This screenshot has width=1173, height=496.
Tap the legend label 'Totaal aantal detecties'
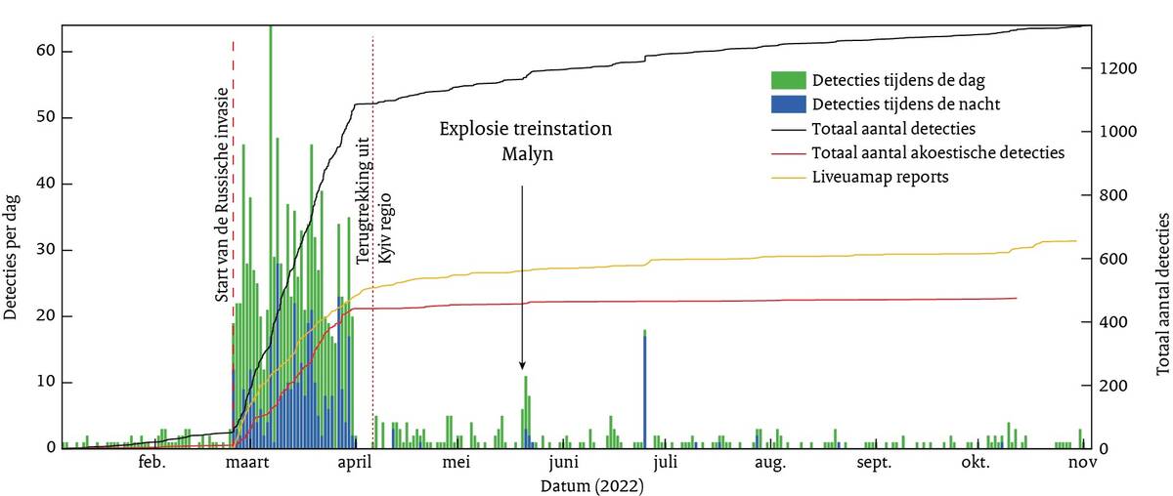click(888, 129)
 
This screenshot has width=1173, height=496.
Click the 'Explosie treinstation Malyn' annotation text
click(525, 142)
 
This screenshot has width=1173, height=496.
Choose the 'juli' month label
click(665, 464)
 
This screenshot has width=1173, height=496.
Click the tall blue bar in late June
click(645, 391)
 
